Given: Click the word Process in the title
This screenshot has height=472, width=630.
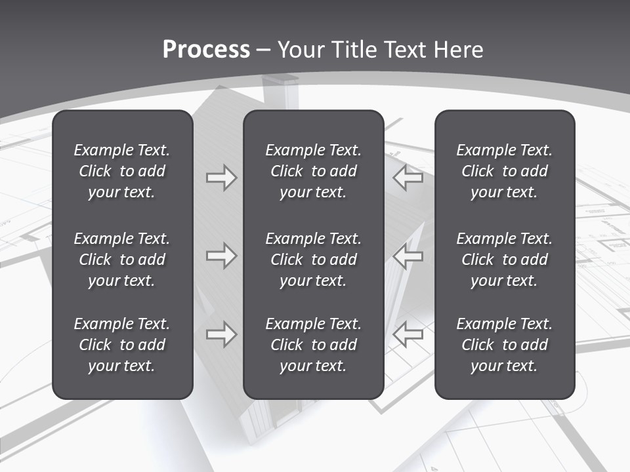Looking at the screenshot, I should pos(206,50).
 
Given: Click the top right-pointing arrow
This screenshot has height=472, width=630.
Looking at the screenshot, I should pos(221,178).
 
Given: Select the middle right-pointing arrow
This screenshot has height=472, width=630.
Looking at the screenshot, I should pos(221,256).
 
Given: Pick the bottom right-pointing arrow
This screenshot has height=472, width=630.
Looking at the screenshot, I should pos(221,334).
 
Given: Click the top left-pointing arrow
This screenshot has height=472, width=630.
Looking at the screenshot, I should pos(408,178).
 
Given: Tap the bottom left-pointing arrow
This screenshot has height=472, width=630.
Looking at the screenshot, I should pos(408,334).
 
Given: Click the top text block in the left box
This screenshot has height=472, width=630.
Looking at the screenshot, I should pos(122,171).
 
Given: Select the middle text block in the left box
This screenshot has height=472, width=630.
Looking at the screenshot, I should pos(122,260).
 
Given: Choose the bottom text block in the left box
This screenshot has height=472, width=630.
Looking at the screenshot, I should pos(122,345).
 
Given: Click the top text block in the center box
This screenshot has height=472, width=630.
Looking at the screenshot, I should pos(313,171).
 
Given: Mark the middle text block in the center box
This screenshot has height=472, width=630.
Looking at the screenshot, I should pos(313,260).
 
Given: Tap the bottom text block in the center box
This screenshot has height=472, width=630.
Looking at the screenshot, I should pos(313,345).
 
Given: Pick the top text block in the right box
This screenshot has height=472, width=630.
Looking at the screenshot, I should pos(504,171).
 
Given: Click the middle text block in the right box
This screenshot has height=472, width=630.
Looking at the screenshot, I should pos(504,260).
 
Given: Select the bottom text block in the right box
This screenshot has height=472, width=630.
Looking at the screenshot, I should pos(504,345).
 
